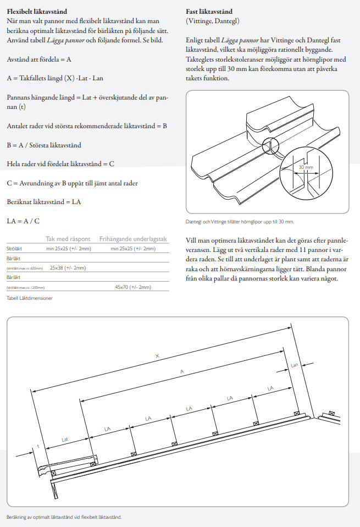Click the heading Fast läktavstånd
click(209, 10)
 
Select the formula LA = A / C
click(23, 221)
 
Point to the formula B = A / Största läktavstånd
click(44, 145)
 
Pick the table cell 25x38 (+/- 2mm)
click(68, 268)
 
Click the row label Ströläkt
click(14, 249)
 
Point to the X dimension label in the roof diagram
click(158, 356)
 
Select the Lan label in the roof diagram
click(295, 365)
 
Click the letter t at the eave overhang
click(38, 446)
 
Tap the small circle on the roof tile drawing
click(270, 146)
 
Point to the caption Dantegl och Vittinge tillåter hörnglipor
click(241, 222)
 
